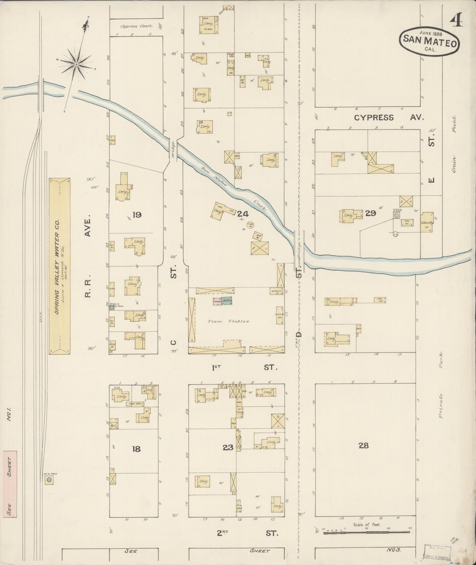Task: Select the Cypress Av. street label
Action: pos(389,118)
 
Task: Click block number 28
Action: pos(364,446)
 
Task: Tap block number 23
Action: pos(228,447)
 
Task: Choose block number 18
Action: pos(136,449)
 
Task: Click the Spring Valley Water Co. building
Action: pos(60,266)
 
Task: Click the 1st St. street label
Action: pos(243,367)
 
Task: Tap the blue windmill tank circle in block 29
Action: pos(397,215)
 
